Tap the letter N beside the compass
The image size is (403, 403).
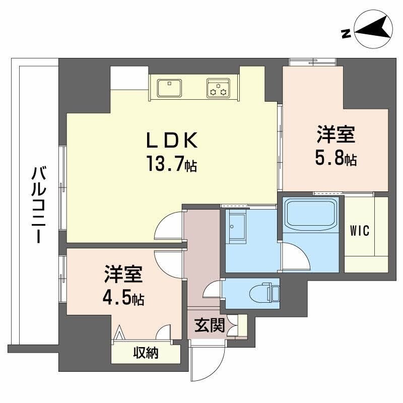click(346, 34)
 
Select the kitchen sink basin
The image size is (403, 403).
click(170, 88)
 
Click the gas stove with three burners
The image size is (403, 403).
click(218, 88)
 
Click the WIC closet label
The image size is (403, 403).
click(360, 231)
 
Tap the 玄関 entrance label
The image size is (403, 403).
click(209, 326)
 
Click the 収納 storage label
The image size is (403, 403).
click(146, 353)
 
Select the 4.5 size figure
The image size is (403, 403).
click(124, 298)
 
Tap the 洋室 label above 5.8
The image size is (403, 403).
click(337, 135)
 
